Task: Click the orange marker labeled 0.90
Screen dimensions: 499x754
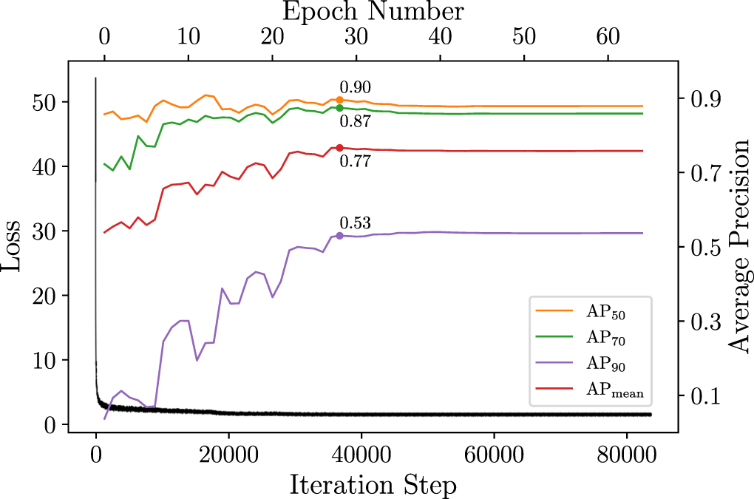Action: (x=339, y=100)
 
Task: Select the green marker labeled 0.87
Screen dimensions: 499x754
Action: (x=339, y=108)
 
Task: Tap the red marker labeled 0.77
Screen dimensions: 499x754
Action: (x=339, y=148)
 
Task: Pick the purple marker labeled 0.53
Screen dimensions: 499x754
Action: (x=339, y=236)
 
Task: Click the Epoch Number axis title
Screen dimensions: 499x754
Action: (x=373, y=11)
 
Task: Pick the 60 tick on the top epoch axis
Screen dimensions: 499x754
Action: (x=608, y=35)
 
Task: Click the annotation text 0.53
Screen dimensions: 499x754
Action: (x=355, y=223)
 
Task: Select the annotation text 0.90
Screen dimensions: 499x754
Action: (x=355, y=88)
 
